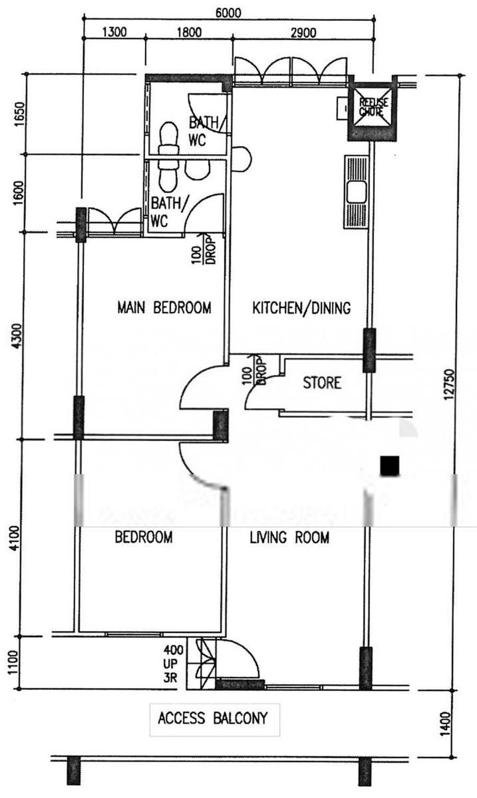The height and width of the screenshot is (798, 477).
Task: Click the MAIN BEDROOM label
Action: click(164, 307)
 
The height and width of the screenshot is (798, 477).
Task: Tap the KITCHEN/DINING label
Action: click(302, 308)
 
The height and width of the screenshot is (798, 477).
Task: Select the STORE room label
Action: click(322, 383)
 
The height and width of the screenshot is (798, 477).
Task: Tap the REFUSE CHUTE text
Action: click(373, 107)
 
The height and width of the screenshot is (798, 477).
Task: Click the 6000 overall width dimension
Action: click(229, 13)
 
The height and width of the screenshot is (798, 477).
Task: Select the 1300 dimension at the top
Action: click(114, 32)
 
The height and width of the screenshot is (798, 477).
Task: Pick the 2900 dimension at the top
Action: click(304, 33)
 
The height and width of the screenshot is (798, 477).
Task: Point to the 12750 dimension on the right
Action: click(450, 385)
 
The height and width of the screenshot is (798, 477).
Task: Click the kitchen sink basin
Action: click(357, 192)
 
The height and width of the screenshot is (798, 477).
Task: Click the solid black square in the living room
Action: click(390, 466)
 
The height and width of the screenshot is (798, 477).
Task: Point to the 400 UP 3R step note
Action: click(173, 663)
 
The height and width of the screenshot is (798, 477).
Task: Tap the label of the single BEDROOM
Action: click(144, 537)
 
